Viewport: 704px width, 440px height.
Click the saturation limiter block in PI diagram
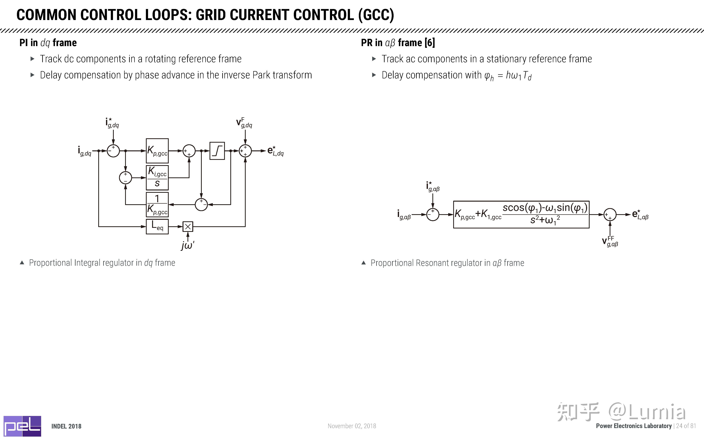tap(217, 151)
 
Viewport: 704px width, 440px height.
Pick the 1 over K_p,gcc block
tap(157, 205)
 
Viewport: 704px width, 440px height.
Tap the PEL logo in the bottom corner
tap(22, 426)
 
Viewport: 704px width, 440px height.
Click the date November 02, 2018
tap(352, 426)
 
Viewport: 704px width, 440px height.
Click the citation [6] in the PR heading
tap(430, 43)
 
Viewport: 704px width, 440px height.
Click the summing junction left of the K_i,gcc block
tap(125, 178)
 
